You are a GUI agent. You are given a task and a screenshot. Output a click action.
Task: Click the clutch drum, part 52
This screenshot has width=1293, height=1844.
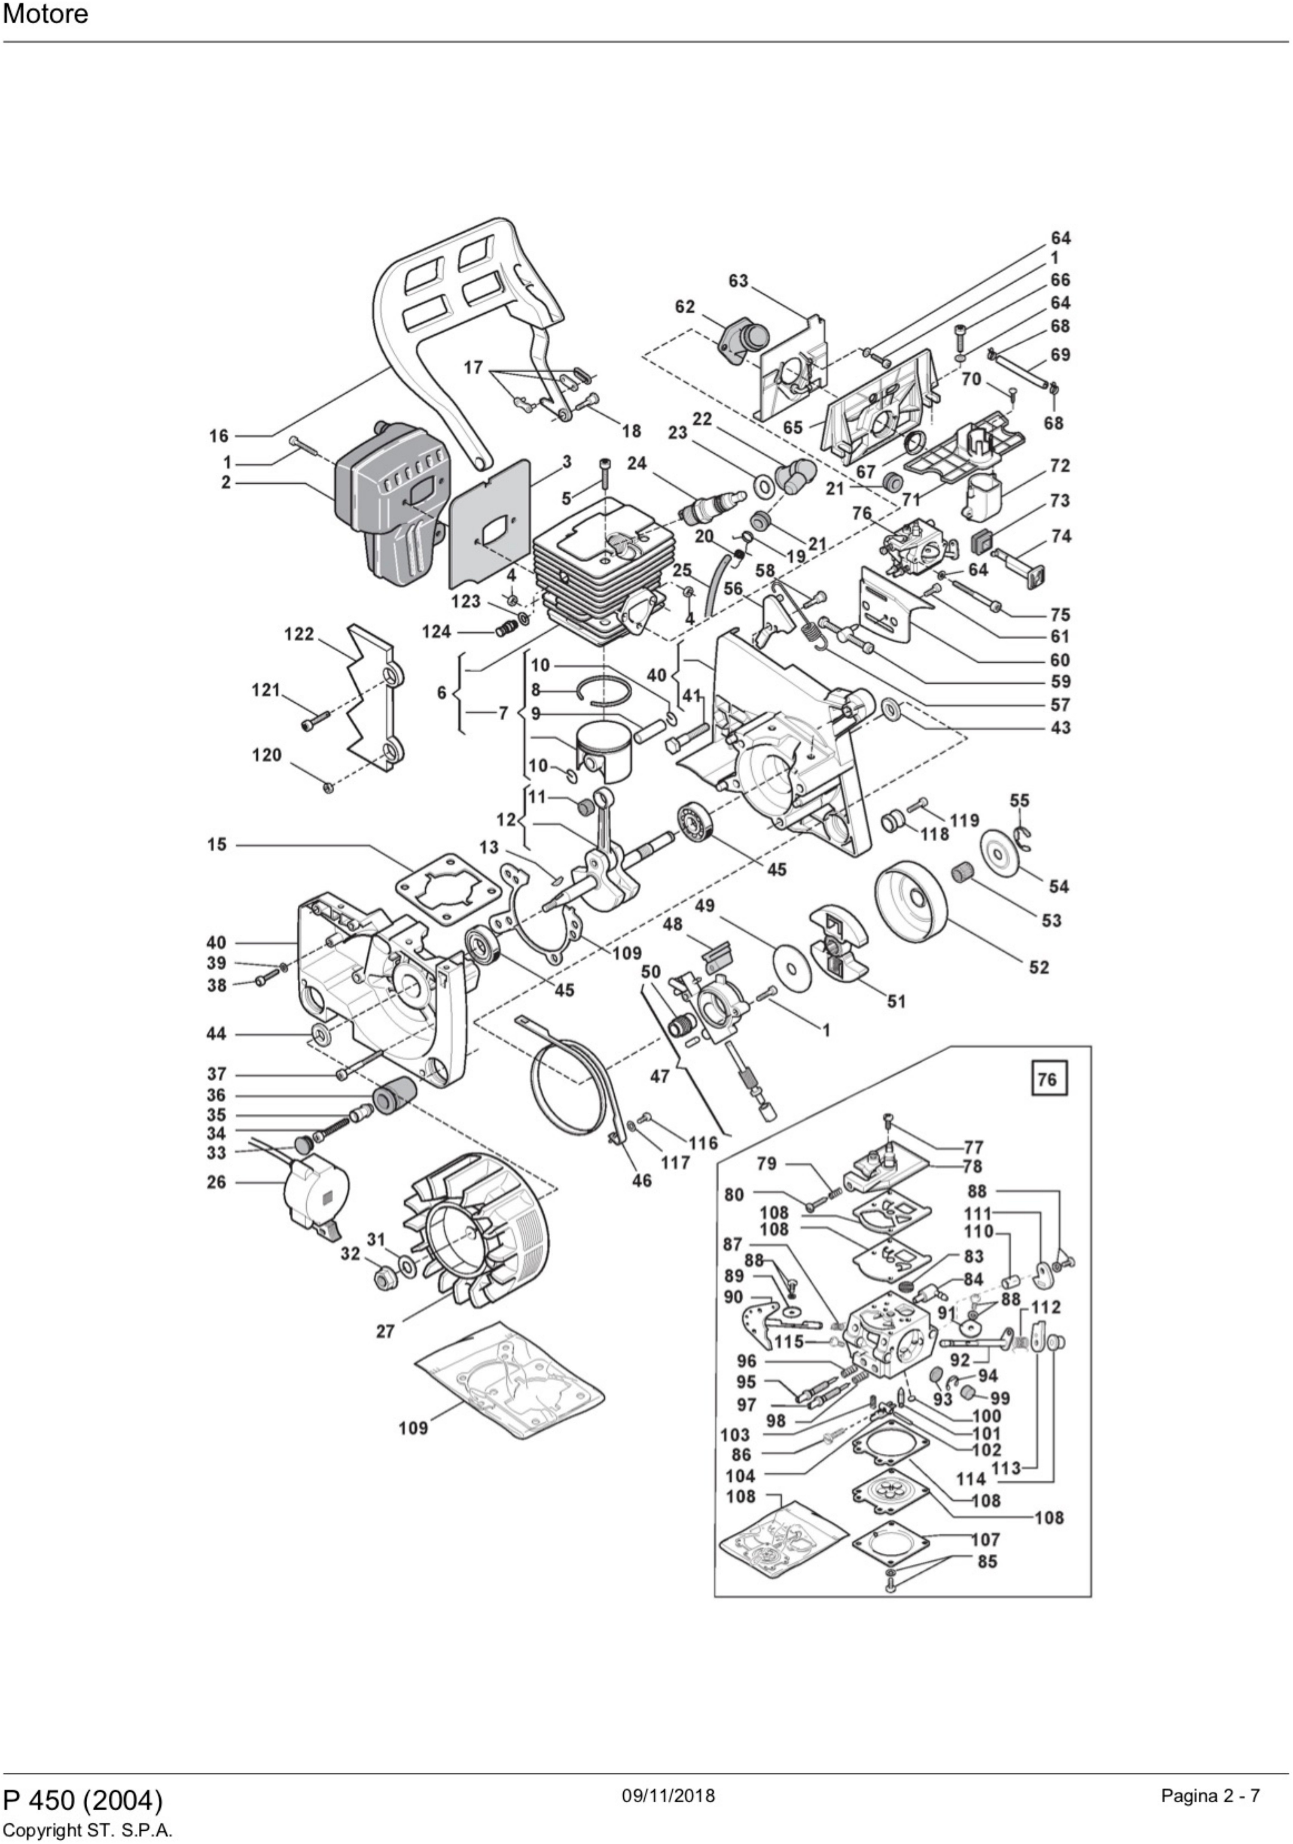click(912, 900)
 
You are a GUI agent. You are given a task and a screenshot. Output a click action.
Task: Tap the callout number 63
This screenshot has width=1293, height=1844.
click(738, 281)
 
